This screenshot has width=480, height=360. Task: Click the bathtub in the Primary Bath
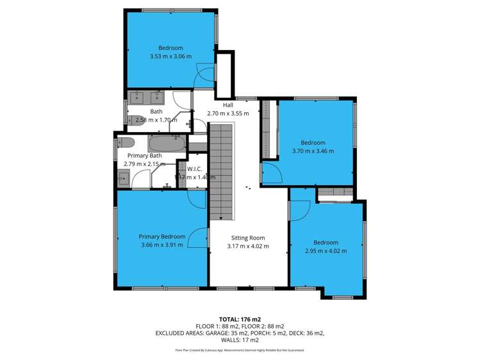[x=167, y=142]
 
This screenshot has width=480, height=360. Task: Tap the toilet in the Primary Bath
[x=125, y=142]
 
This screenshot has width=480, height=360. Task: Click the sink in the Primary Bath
[x=124, y=177]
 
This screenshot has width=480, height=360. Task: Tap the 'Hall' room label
[x=228, y=105]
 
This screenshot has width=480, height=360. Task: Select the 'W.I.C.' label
[x=195, y=168]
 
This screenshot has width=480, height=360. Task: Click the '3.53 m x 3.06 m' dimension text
[x=170, y=56]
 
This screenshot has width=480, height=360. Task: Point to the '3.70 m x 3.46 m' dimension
[x=313, y=151]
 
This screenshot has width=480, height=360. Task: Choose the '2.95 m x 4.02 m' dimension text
[x=326, y=251]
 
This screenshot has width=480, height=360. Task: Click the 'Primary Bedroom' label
[x=162, y=236]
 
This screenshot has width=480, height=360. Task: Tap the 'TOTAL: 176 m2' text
[x=240, y=318]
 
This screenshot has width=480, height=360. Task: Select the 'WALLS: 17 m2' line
[x=240, y=340]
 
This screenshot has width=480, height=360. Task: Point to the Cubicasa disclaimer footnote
[x=240, y=350]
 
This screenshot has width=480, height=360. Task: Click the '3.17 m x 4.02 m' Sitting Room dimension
[x=248, y=246]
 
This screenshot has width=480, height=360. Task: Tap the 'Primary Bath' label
[x=144, y=156]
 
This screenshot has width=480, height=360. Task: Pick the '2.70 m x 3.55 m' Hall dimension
[x=228, y=113]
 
